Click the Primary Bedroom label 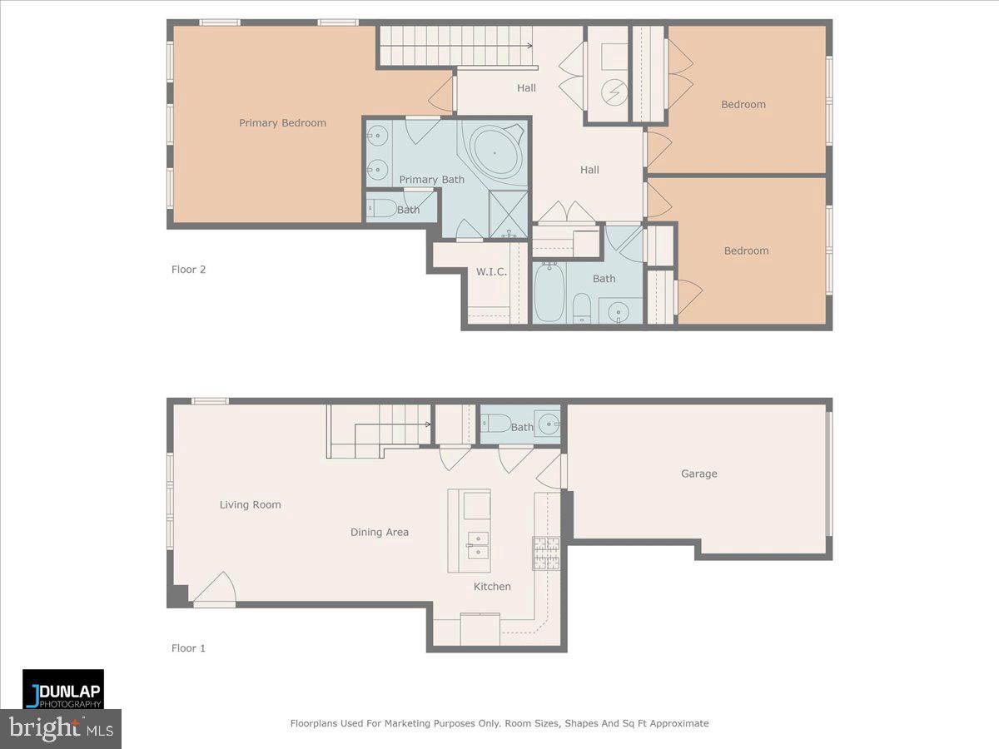click(x=282, y=123)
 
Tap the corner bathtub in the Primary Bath click(x=496, y=152)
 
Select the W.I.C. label click(x=491, y=272)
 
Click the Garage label click(x=698, y=474)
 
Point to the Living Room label click(x=250, y=504)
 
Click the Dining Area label click(x=379, y=532)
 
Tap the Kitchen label click(x=492, y=587)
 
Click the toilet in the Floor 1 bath click(x=496, y=424)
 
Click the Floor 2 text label click(x=188, y=269)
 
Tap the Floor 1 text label click(x=188, y=647)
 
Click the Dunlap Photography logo click(x=63, y=689)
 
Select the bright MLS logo click(x=61, y=729)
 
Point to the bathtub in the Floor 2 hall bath click(x=549, y=292)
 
